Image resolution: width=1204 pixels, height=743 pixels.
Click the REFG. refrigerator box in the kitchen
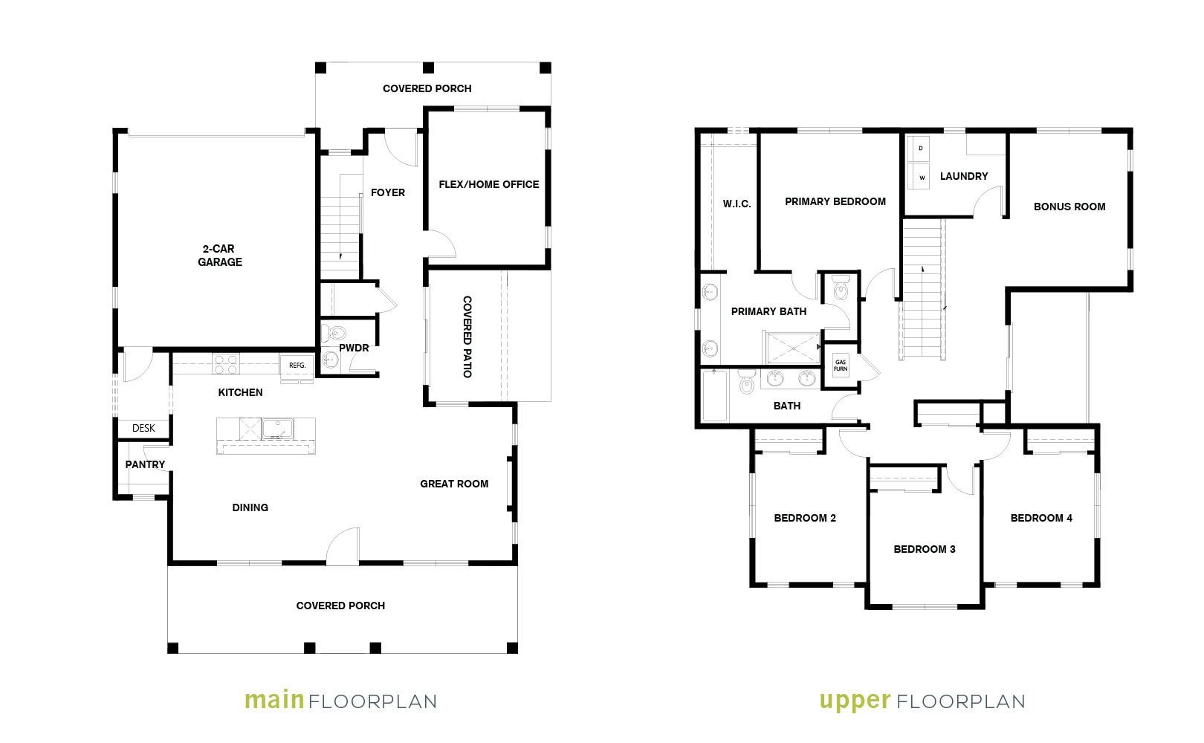(297, 366)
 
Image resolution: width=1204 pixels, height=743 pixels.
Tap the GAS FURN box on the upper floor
(841, 366)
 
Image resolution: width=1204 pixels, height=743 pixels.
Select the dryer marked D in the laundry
(921, 149)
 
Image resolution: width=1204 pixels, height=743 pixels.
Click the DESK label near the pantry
(143, 428)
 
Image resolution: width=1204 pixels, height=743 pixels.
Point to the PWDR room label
(354, 348)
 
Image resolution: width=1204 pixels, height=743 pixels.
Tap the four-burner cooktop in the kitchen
(226, 364)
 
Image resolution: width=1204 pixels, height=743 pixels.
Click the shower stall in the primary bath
(793, 348)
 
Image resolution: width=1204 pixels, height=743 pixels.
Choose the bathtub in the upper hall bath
(715, 396)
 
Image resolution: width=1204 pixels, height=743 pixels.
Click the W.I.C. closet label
(737, 204)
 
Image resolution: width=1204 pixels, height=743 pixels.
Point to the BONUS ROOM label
(1069, 207)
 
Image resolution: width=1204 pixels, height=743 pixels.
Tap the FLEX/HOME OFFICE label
(488, 184)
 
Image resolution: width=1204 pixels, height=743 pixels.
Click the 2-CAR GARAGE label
(219, 255)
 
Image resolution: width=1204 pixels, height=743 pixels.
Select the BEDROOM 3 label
(925, 549)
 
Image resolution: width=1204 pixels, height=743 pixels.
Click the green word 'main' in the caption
(275, 700)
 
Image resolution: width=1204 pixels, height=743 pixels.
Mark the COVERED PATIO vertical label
(467, 337)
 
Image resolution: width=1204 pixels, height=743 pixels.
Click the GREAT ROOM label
(454, 484)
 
